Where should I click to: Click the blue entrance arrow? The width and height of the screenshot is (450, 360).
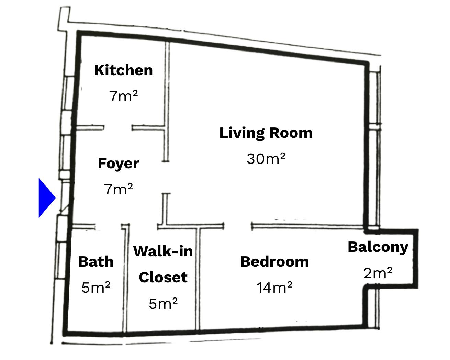[x=46, y=198]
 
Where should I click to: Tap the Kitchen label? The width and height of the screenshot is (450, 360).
[x=123, y=70]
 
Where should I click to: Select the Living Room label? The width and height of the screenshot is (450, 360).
[x=266, y=133]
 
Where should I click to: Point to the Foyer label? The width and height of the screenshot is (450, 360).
[x=119, y=164]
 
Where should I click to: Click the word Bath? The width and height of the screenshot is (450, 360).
[x=96, y=262]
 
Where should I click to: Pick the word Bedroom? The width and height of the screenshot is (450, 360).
[x=274, y=262]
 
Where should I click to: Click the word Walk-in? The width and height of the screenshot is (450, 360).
[x=163, y=251]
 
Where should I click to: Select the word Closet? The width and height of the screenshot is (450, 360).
[x=163, y=277]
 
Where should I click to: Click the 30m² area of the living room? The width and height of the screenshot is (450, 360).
[x=266, y=159]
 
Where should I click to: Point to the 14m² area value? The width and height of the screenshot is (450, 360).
[x=274, y=288]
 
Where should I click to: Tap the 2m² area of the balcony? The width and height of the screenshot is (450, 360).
[x=378, y=273]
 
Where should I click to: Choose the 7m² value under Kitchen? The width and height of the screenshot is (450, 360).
[x=123, y=96]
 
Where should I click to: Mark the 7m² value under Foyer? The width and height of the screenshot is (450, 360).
[x=119, y=189]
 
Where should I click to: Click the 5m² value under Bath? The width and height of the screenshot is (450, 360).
[x=96, y=288]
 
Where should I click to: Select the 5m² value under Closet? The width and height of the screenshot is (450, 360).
[x=163, y=304]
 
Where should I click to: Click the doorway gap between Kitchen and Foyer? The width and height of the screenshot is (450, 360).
[x=118, y=127]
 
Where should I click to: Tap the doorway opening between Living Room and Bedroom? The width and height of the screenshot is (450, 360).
[x=238, y=226]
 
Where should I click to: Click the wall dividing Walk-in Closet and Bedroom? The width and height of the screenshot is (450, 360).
[x=198, y=279]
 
